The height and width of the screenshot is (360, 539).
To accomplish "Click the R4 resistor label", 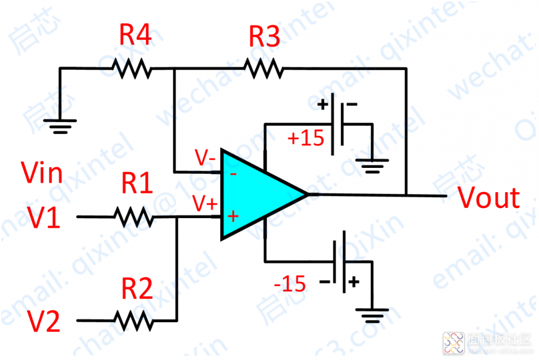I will (135, 37).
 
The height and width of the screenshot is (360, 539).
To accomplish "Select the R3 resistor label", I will (264, 37).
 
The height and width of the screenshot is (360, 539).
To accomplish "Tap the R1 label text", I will (138, 184).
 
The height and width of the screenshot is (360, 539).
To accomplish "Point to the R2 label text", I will (137, 289).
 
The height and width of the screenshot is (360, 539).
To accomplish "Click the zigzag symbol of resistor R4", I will (131, 68).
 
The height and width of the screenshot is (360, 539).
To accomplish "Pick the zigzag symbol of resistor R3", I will (263, 68).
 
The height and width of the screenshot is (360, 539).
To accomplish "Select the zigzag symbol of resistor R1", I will (133, 218).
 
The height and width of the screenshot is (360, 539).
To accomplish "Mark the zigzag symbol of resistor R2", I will (133, 321).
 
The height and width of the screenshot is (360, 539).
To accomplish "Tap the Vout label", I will (489, 198).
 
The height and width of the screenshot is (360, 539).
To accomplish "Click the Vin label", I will (42, 173).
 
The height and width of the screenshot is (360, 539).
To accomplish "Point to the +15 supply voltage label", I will (306, 138).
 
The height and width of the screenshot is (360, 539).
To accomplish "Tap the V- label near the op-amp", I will (206, 159).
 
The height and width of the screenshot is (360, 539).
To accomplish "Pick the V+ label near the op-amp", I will (206, 203).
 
